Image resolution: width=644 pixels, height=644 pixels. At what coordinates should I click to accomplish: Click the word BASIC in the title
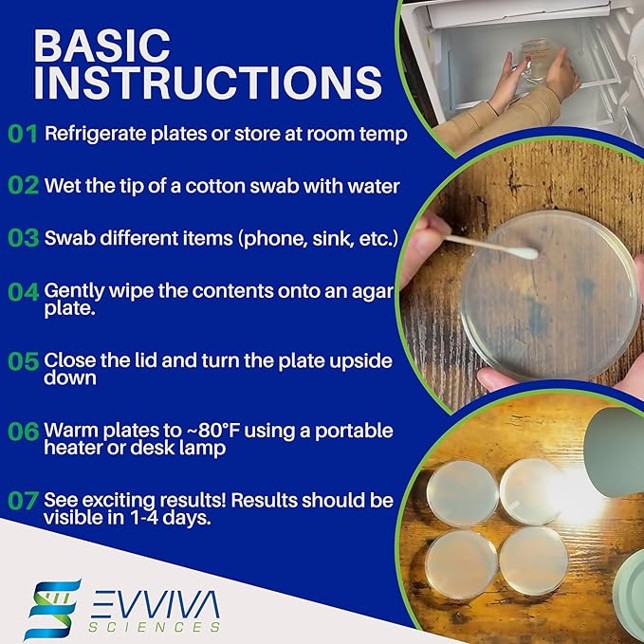(x=101, y=46)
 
